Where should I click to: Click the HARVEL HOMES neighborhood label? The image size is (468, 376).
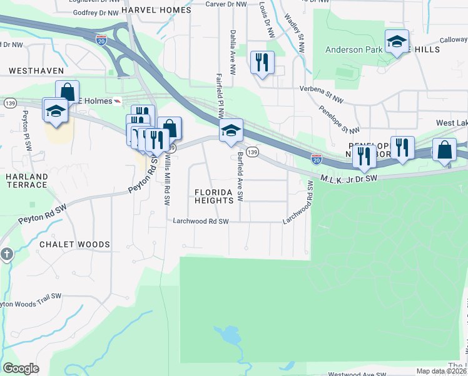(x=156, y=10)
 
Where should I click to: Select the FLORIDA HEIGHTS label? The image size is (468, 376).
(x=218, y=196)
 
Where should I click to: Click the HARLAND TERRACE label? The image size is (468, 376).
(x=27, y=181)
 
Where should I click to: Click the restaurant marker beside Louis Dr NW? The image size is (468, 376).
(x=262, y=62)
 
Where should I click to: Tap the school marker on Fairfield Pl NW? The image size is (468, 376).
(x=231, y=130)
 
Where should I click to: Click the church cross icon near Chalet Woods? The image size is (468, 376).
(x=6, y=254)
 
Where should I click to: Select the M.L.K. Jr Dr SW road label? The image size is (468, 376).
(x=349, y=179)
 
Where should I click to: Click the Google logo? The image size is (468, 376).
(x=20, y=368)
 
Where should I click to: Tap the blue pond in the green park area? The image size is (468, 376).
(x=229, y=337)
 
